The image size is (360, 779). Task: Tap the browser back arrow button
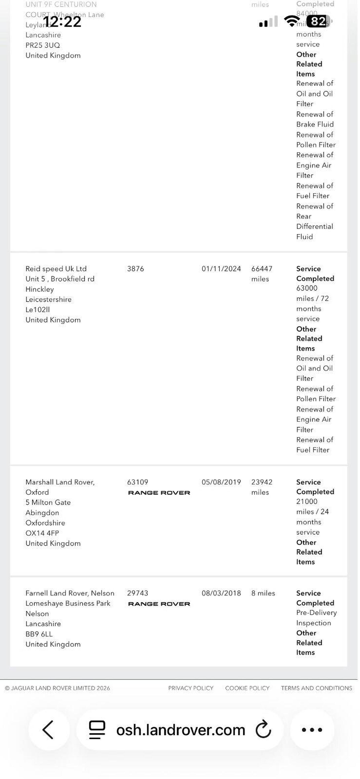tap(48, 730)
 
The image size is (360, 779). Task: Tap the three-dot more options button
tap(312, 730)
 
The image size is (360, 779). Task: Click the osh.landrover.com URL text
tap(181, 730)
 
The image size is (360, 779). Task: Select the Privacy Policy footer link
tap(191, 688)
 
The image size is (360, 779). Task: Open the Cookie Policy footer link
tap(247, 688)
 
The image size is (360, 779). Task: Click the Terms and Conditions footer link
tap(316, 688)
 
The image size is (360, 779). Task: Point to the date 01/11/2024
tap(221, 269)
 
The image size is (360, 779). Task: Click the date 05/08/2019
tap(221, 482)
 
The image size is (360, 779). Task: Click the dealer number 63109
tap(138, 482)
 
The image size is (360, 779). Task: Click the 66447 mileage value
tap(262, 269)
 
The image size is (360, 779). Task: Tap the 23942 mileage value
tap(262, 482)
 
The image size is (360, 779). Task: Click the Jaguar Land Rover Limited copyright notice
tap(57, 688)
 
